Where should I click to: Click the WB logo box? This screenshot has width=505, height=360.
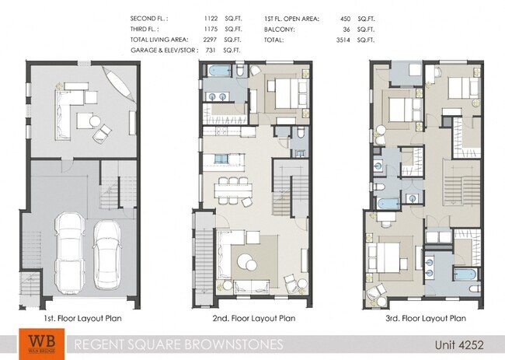37,343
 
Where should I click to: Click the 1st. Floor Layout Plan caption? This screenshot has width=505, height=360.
82,318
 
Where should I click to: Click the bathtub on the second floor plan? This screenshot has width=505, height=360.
221,72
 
